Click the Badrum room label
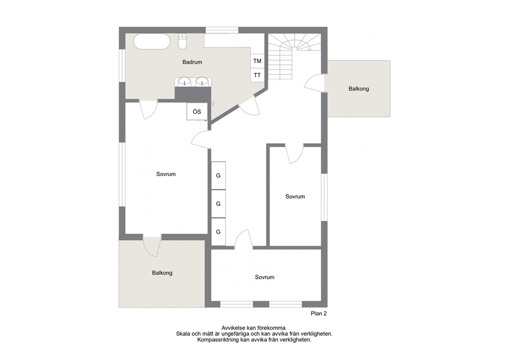point(192,62)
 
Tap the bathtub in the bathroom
point(152,41)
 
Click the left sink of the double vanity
point(185,81)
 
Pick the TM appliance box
point(258,61)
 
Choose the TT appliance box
point(258,75)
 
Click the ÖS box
point(197,111)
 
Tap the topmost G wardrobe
point(219,176)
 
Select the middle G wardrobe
point(219,204)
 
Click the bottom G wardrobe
point(219,232)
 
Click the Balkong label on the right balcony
point(359,89)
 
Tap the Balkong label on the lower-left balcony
point(162,273)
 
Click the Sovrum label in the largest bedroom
point(166,174)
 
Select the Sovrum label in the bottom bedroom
point(265,277)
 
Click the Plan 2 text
point(319,314)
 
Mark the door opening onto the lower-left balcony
point(152,247)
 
